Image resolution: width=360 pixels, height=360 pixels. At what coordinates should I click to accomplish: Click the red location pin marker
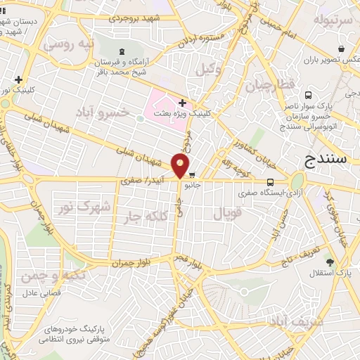[180, 166]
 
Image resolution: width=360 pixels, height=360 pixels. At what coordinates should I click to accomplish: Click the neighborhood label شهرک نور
[96, 207]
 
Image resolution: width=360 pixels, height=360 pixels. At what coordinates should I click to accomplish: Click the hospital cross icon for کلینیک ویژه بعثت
[182, 103]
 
